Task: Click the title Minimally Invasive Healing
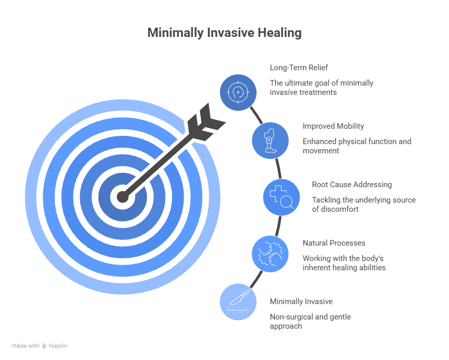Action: (x=224, y=33)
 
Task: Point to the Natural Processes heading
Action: (x=334, y=243)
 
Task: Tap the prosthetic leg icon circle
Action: (x=270, y=140)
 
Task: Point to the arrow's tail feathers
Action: (x=204, y=124)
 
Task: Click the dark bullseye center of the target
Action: (x=122, y=196)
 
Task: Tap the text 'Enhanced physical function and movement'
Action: (x=356, y=146)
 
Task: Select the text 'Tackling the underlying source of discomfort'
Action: (x=363, y=205)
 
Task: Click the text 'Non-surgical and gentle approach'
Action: (x=310, y=322)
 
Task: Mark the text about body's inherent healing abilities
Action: (x=343, y=263)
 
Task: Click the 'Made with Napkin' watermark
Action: (x=40, y=346)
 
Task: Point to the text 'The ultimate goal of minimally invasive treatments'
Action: (x=321, y=88)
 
